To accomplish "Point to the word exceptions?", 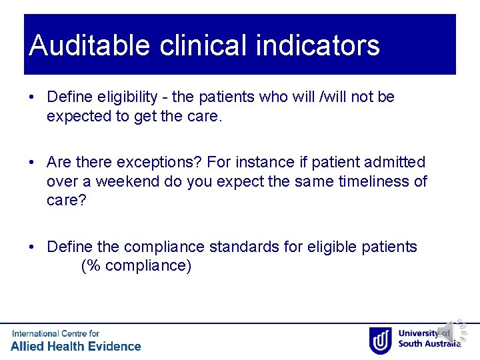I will pos(161,162).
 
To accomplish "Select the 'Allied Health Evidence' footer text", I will pos(76,346).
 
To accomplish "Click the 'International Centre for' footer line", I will pos(55,333).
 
